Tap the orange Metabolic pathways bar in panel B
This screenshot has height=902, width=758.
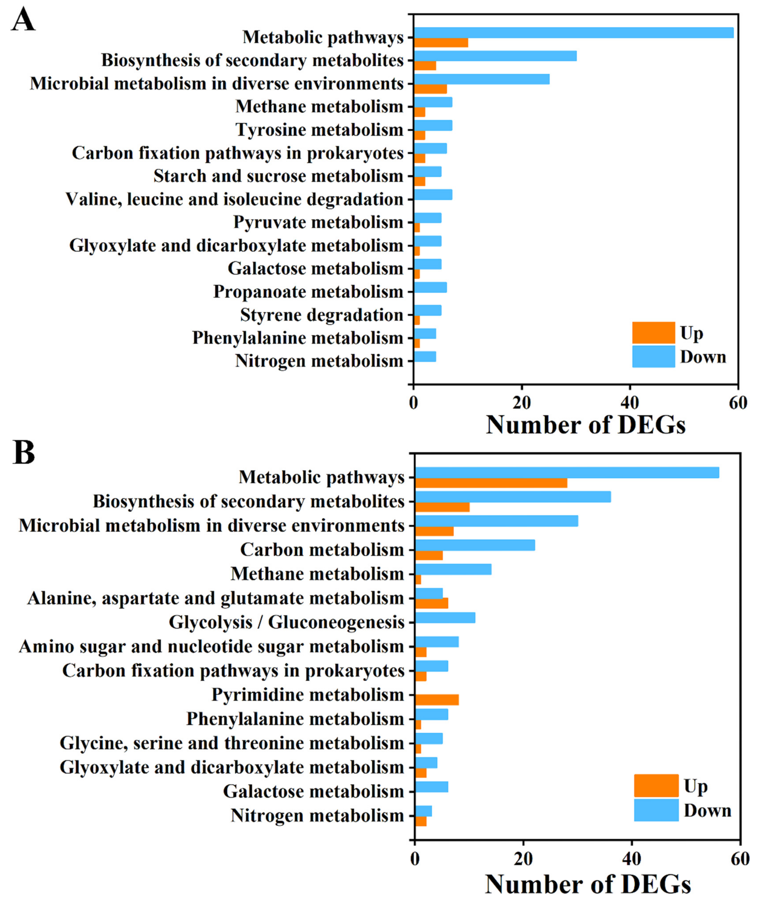click(491, 483)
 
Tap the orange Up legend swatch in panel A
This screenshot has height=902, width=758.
click(653, 333)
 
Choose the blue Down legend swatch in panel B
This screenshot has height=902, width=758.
click(656, 810)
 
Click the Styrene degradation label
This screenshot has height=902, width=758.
click(321, 315)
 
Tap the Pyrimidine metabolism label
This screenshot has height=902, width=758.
click(308, 694)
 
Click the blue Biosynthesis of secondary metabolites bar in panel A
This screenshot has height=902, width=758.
click(495, 56)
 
